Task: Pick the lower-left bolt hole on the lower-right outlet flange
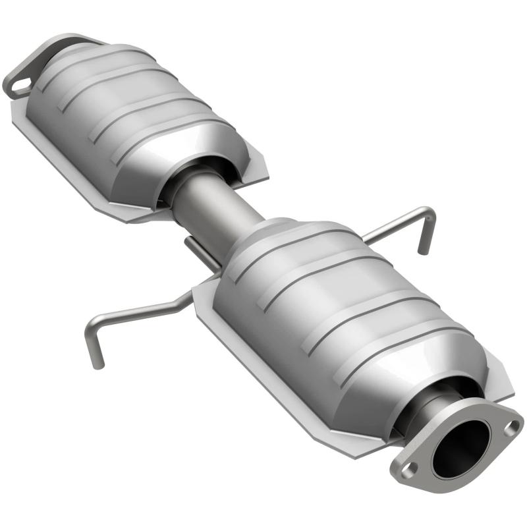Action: tap(409, 468)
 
